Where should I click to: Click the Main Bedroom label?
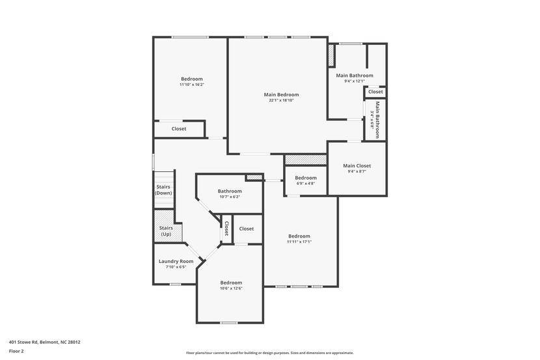[x=281, y=94]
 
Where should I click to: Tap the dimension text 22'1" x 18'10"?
[x=281, y=100]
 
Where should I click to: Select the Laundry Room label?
[x=176, y=261]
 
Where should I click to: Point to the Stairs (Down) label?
[x=163, y=189]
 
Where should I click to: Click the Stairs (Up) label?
[x=166, y=230]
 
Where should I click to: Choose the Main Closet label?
[x=357, y=165]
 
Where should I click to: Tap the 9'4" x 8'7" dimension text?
[x=357, y=171]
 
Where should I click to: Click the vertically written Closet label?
[x=226, y=228]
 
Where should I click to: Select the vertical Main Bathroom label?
[x=377, y=119]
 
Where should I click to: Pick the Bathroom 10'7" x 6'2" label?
[x=230, y=191]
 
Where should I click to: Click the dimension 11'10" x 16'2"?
[x=192, y=85]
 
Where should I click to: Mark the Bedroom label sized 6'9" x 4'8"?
[x=306, y=178]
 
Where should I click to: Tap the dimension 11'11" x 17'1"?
[x=299, y=242]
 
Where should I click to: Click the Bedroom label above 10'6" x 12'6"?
[x=231, y=283]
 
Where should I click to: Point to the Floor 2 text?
[x=16, y=351]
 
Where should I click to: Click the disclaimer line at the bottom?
[x=270, y=353]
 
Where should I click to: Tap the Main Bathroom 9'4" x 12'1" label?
[x=355, y=76]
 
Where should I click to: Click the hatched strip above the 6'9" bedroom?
[x=306, y=159]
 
